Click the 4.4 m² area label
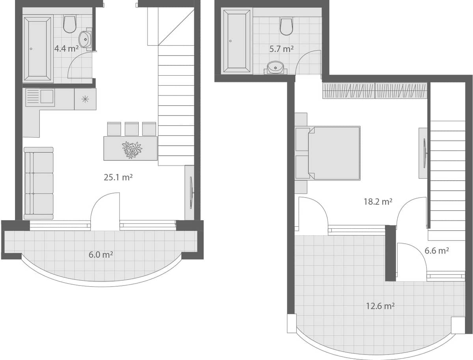coord(66,49)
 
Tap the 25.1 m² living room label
coord(118,177)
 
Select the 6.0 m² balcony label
coord(101,255)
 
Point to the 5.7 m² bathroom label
coord(281,49)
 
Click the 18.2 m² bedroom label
coord(378,202)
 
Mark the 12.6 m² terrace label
coord(380,306)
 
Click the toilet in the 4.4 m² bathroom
coord(70,24)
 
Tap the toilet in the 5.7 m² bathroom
coord(287,27)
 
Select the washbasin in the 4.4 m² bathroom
coord(85,39)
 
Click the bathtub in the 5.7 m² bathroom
coord(236,41)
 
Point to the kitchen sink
coord(40,97)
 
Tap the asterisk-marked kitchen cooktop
coord(85,99)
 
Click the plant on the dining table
coord(132,149)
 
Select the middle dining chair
coord(132,129)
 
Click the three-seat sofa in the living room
coord(39,183)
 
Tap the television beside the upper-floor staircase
coord(424,153)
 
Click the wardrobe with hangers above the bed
coord(374,90)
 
